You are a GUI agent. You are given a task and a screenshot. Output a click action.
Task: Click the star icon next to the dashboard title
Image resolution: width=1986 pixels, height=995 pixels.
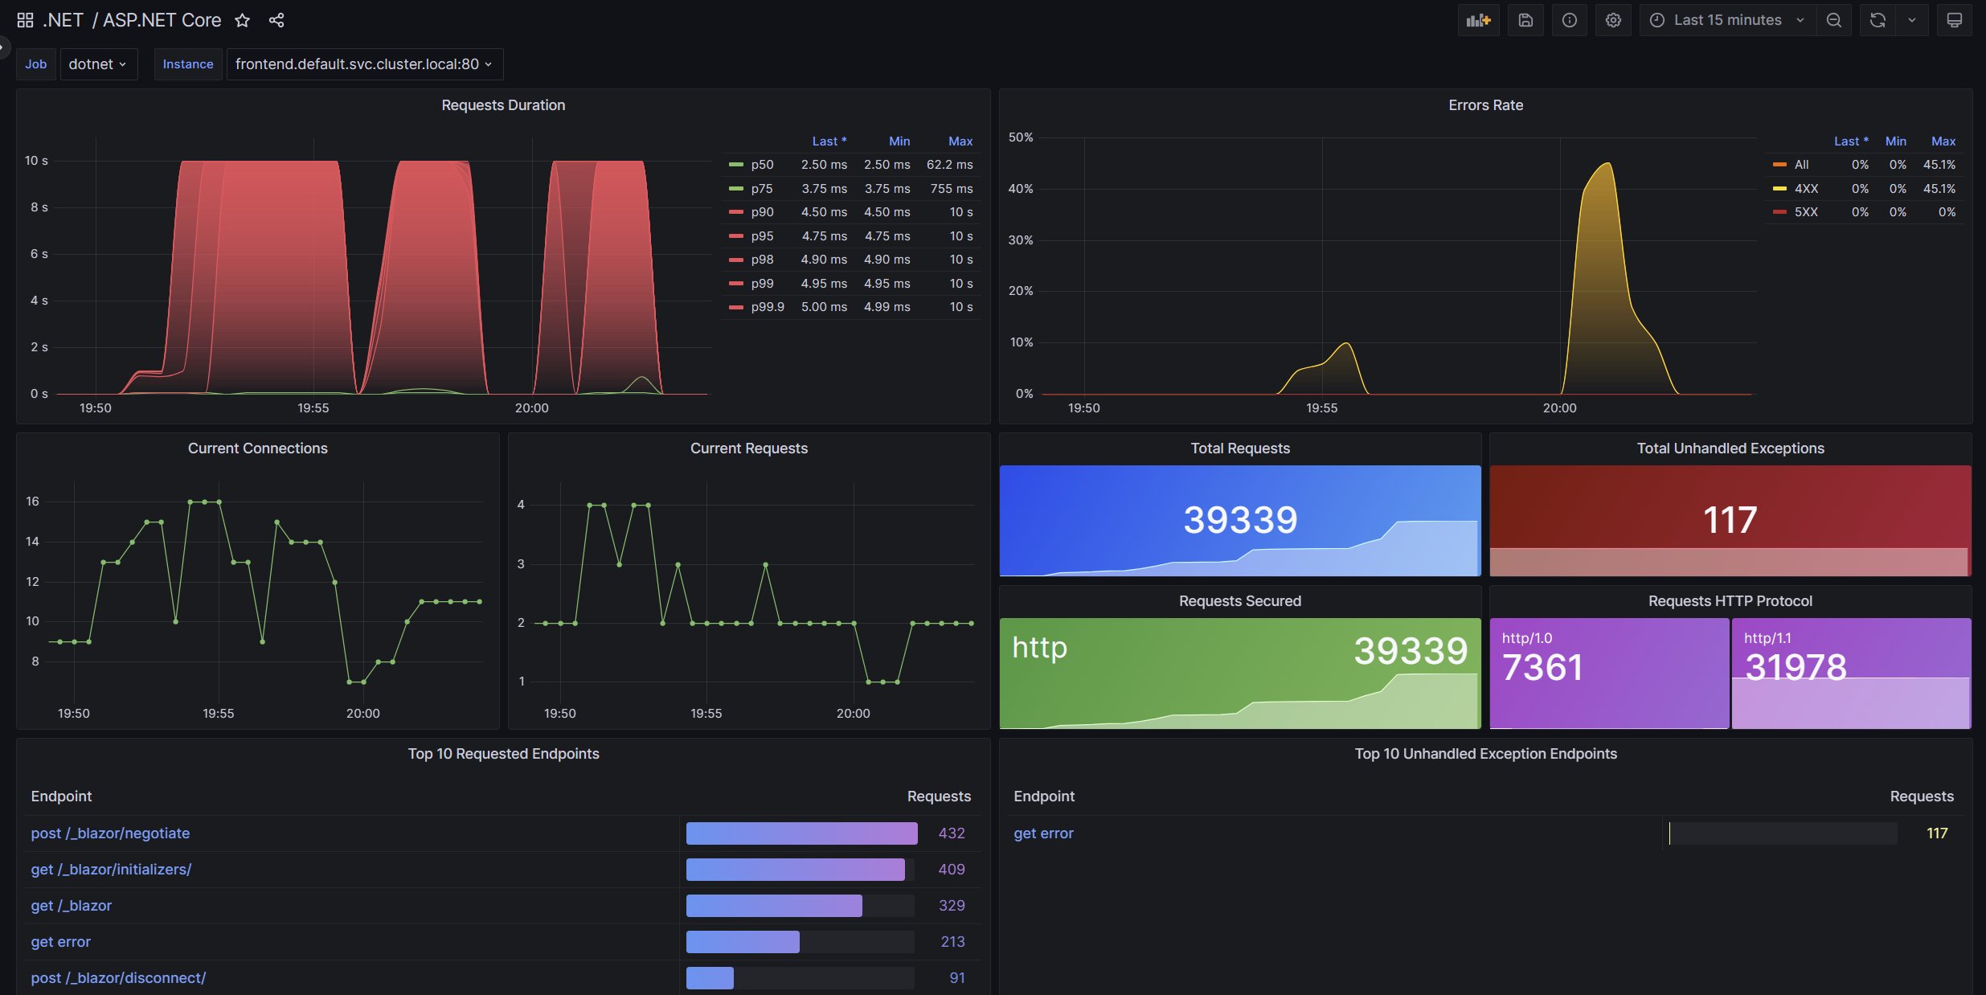(242, 20)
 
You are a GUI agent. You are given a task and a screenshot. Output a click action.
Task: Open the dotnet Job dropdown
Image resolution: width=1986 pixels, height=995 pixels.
(97, 64)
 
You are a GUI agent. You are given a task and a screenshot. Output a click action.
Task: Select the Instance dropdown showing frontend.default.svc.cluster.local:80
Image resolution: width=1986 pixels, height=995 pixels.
(363, 64)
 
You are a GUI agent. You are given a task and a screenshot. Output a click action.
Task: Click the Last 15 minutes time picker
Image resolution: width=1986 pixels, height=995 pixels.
(1726, 20)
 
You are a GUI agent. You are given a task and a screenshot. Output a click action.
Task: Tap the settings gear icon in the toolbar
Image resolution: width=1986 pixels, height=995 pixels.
(1612, 20)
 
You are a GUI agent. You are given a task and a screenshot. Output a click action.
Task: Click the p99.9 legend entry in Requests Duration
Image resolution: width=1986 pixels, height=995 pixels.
(767, 307)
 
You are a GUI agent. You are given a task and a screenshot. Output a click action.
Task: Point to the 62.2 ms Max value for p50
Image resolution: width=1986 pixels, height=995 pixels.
(949, 165)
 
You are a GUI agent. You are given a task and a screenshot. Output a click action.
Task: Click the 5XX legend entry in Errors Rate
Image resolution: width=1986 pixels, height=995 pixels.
(1805, 212)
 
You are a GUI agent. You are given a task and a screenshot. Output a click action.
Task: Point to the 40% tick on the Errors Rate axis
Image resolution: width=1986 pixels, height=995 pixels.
(1021, 189)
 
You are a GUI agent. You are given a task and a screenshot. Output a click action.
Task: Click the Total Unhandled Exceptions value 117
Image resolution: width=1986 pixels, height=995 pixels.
(1730, 520)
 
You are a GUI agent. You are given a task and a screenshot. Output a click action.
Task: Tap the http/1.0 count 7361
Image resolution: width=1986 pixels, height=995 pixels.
(1542, 667)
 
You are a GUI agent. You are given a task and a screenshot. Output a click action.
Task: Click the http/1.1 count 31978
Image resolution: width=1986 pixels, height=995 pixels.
(1796, 667)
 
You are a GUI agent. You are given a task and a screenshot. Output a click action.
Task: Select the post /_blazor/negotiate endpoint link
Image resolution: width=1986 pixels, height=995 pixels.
(110, 833)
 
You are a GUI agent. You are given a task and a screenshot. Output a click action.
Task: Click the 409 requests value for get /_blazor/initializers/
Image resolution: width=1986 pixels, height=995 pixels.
(952, 870)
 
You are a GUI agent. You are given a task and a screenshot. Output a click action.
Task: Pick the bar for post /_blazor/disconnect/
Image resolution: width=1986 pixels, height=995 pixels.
(710, 978)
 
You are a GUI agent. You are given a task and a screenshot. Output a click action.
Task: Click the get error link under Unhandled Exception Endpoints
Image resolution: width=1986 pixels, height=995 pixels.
(1043, 833)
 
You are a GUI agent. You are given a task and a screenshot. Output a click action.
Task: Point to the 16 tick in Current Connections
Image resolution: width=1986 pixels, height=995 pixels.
(32, 502)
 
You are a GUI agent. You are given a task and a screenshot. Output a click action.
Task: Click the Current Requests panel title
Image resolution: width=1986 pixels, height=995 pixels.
(748, 448)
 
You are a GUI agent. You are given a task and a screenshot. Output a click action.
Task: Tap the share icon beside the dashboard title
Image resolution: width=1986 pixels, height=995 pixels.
(276, 20)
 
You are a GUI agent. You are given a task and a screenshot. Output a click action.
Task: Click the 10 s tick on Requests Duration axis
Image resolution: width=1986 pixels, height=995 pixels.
(36, 161)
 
